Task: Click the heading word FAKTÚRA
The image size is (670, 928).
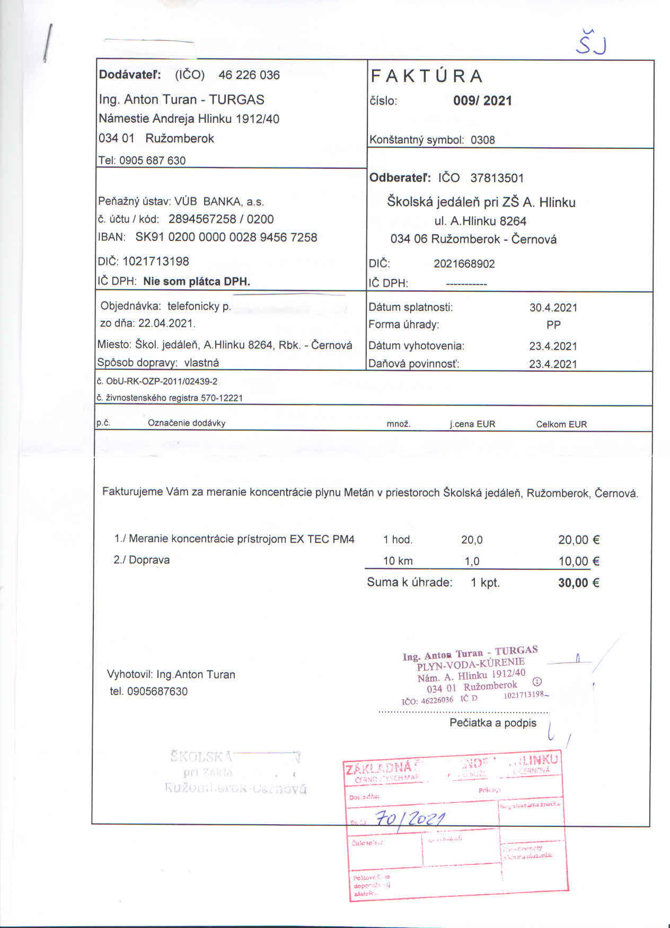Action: [x=427, y=76]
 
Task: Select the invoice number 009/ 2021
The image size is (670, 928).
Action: [x=482, y=101]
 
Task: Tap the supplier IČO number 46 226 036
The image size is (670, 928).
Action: [x=249, y=75]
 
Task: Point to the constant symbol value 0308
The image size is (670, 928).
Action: [x=482, y=140]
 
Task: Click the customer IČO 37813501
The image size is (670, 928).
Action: [x=497, y=178]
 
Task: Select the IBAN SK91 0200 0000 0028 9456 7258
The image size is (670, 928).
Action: [x=226, y=237]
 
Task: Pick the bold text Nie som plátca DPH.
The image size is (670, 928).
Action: [x=196, y=281]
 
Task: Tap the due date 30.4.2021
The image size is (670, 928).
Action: [x=553, y=307]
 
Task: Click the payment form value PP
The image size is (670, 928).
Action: [x=553, y=325]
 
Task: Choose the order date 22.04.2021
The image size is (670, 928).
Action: [x=166, y=323]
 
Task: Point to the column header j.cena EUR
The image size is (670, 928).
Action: [x=472, y=424]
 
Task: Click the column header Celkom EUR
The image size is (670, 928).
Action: [x=561, y=424]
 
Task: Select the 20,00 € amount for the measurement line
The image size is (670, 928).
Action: [x=578, y=540]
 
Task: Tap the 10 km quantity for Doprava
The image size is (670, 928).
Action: [x=398, y=561]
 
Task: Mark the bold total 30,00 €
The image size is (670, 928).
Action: [x=578, y=583]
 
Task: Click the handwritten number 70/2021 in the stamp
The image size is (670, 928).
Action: [x=410, y=819]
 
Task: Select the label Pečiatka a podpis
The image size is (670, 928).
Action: [x=493, y=723]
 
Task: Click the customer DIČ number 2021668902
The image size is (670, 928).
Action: [x=464, y=264]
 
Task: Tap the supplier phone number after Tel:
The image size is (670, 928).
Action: [x=152, y=160]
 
